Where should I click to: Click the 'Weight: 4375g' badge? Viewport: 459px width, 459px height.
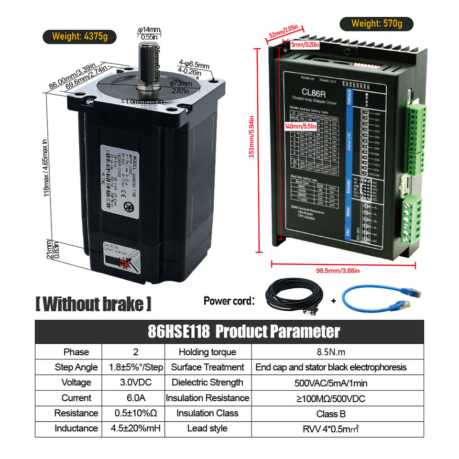pos(79,36)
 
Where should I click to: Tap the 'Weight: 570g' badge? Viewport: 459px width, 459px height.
pos(376,23)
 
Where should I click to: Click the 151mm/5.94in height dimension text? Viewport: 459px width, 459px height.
pos(252,143)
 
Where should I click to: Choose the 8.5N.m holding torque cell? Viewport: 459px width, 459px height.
pos(331,352)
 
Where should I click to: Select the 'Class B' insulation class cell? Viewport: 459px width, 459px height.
pos(331,414)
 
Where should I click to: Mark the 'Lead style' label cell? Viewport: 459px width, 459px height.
pos(208,428)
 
